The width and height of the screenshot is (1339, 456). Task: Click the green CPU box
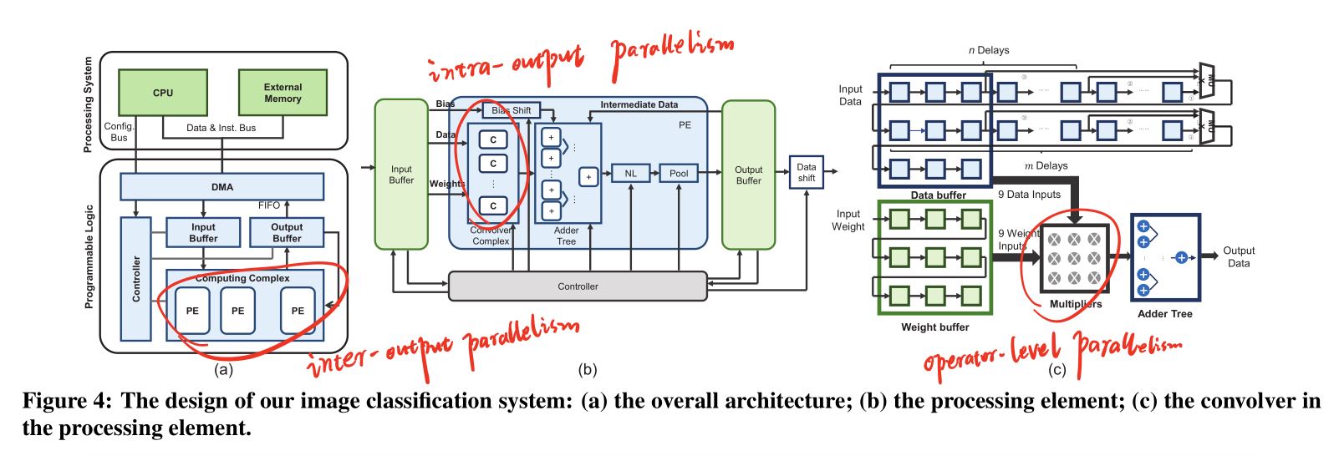tap(163, 93)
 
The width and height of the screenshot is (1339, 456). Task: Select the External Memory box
tap(283, 93)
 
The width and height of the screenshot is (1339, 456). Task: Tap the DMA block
tap(221, 187)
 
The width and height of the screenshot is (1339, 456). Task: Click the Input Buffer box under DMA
tap(203, 233)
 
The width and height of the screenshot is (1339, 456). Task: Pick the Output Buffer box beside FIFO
tap(287, 233)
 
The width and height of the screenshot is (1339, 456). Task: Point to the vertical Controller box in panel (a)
tap(136, 279)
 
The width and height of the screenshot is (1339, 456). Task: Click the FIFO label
tap(269, 205)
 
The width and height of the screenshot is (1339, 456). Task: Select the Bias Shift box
tap(511, 110)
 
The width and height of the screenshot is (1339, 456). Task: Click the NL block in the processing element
tap(630, 174)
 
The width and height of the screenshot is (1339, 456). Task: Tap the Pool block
tap(679, 174)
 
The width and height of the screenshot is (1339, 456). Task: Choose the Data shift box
tap(806, 172)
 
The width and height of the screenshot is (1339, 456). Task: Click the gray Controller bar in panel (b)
tap(578, 286)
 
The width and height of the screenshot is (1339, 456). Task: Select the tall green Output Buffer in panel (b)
tap(748, 175)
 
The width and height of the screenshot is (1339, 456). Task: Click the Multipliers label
tap(1076, 304)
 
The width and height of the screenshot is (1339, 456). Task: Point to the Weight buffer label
tap(934, 327)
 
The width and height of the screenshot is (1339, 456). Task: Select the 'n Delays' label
tap(988, 50)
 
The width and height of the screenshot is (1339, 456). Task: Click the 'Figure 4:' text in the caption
tap(66, 402)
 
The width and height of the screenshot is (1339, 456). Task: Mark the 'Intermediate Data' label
tap(639, 104)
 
